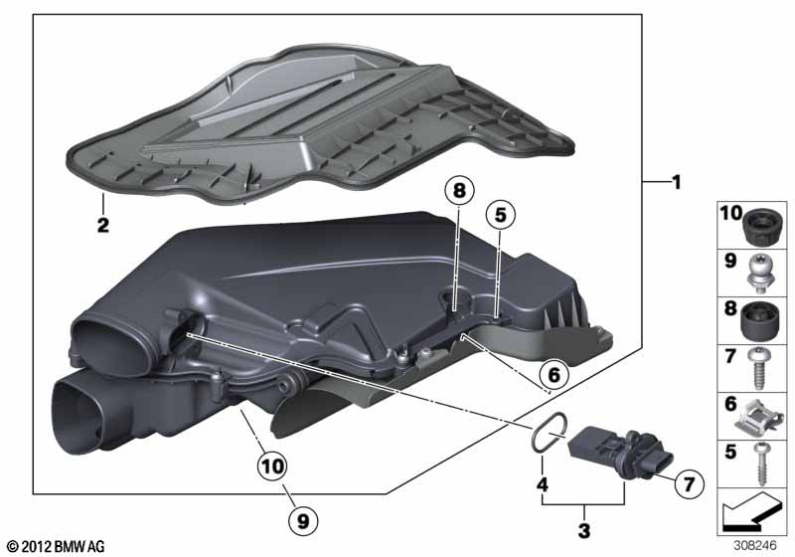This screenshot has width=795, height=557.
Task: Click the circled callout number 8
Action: [x=460, y=193]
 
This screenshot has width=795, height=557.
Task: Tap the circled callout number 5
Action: [x=501, y=213]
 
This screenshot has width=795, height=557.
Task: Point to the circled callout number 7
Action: [x=685, y=482]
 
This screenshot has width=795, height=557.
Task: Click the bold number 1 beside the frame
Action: [x=676, y=182]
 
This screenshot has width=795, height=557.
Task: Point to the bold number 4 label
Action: [x=542, y=485]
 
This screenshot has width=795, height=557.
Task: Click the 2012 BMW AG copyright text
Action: [x=55, y=546]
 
